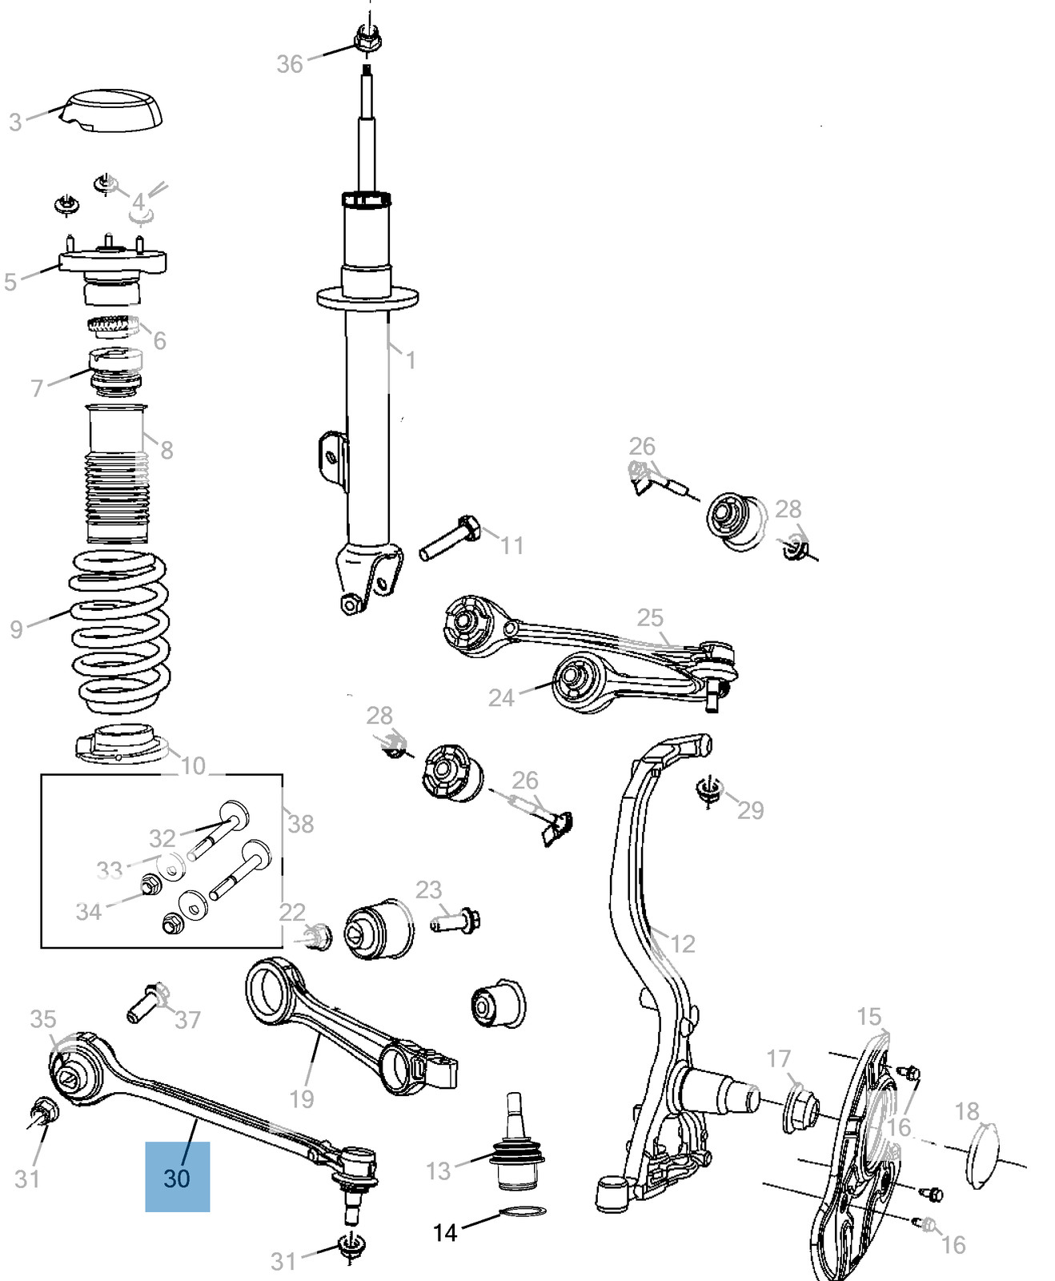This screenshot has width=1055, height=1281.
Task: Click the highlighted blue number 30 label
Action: pos(177,1178)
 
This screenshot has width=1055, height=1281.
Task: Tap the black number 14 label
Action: pos(445,1232)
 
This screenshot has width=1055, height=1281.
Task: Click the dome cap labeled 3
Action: pos(117,110)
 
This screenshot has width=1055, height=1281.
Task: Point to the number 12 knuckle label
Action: pos(683,944)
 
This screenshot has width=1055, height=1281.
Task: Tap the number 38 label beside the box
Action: pos(300,823)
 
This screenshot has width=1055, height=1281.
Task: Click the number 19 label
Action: pos(301,1098)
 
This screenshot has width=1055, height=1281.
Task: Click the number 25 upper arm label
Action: pos(650,617)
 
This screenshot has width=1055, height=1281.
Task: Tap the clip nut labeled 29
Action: pos(707,789)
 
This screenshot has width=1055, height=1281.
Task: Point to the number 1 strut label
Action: pos(410,360)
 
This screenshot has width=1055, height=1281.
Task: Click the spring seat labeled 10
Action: pos(120,745)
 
